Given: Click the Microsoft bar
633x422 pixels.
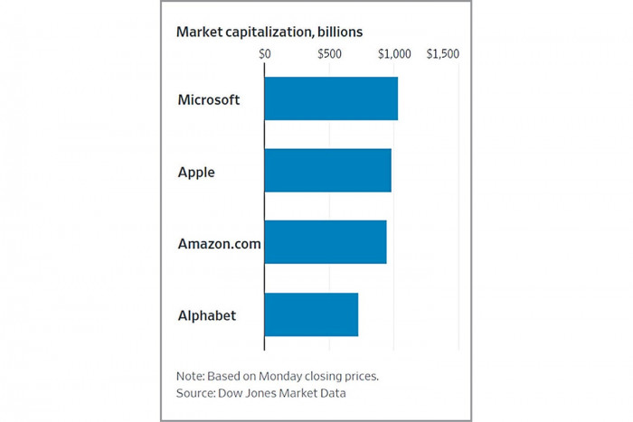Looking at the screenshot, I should pos(331,99).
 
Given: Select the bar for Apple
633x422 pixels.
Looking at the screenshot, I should pos(327,171).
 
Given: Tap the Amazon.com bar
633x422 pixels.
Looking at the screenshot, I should pos(326,242).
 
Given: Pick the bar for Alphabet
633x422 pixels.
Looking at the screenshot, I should pos(311,314).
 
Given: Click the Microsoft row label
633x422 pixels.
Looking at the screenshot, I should pos(209,99).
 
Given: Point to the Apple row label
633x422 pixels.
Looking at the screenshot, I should pos(196,172).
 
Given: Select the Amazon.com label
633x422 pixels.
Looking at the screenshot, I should pos(219,243).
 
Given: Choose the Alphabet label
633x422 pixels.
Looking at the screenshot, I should pos(207,315).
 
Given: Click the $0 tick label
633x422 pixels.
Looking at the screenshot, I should pos(265,54).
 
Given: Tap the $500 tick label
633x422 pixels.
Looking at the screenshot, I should pos(329,54).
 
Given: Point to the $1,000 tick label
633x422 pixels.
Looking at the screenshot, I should pos(394,54).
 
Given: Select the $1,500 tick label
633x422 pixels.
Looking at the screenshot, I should pos(443,54).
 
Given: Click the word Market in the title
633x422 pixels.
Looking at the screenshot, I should pos(198,32).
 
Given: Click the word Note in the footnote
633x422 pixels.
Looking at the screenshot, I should pos(190,375).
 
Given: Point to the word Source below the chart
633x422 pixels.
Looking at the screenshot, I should pos(196,393).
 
